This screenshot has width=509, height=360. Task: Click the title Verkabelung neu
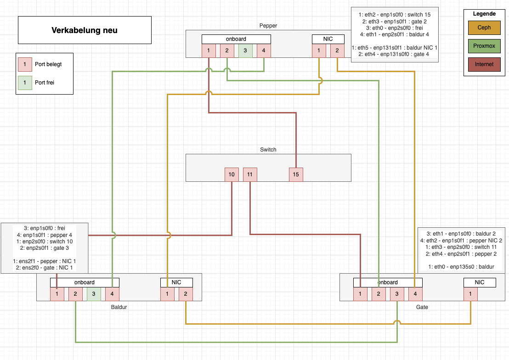[x=85, y=30]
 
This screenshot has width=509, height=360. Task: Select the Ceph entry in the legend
[x=484, y=28]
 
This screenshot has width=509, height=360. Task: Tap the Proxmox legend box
[x=484, y=46]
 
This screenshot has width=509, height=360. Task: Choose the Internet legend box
[x=484, y=64]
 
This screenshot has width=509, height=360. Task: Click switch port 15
[x=296, y=174]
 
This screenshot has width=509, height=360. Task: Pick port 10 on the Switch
[x=232, y=174]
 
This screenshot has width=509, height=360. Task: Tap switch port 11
[x=250, y=174]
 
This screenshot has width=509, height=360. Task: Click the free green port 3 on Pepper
[x=245, y=51]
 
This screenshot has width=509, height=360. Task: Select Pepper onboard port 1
[x=209, y=51]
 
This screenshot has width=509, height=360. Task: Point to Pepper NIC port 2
[x=337, y=51]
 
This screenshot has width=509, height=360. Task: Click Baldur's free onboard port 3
[x=94, y=294]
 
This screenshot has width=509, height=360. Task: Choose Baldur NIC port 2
[x=186, y=294]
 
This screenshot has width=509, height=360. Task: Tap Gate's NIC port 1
[x=470, y=294]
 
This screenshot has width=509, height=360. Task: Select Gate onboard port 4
[x=415, y=294]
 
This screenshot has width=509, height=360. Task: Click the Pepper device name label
[x=268, y=26]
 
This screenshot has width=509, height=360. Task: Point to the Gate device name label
[x=422, y=307]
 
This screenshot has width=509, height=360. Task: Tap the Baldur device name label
[x=119, y=307]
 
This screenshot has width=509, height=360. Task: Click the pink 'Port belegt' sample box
[x=25, y=64]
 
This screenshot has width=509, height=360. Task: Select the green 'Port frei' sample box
[x=25, y=83]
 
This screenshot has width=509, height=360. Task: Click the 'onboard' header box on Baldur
[x=85, y=282]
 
